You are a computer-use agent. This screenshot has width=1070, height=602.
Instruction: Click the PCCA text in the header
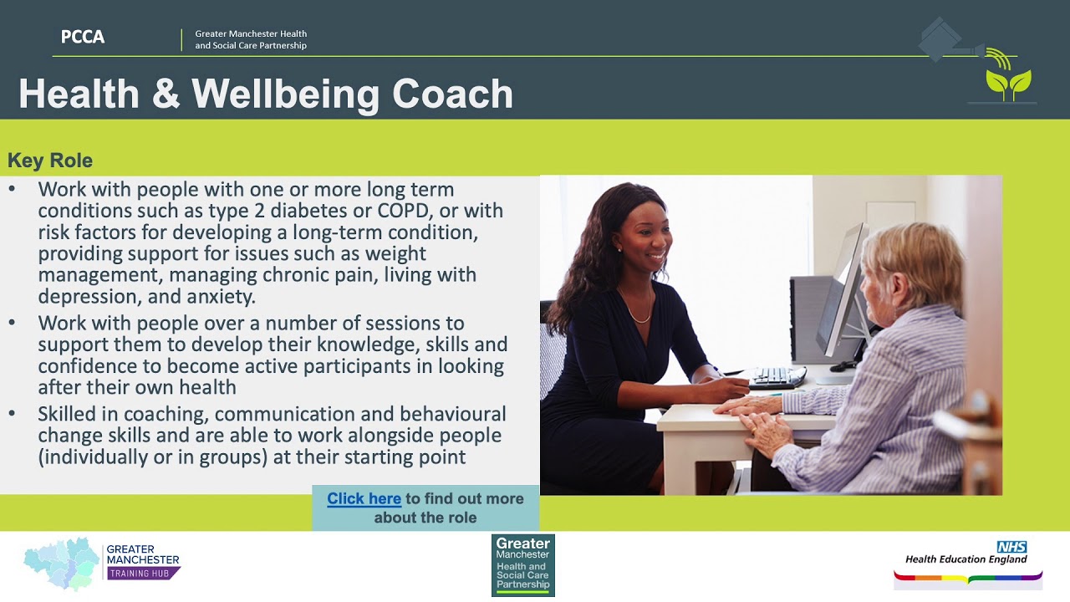click(82, 37)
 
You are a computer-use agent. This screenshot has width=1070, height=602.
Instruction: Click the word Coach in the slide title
click(452, 94)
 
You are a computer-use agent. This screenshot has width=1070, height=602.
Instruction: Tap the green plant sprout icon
click(1008, 83)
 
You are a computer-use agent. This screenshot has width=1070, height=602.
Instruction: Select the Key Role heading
click(50, 161)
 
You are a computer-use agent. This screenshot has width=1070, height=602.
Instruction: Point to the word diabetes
click(334, 211)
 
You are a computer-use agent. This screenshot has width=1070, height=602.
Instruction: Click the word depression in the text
click(83, 296)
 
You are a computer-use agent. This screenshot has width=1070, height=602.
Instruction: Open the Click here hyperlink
click(364, 499)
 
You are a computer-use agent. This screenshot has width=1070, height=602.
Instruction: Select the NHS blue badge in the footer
click(1011, 547)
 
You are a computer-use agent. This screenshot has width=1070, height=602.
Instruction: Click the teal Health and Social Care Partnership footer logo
click(522, 565)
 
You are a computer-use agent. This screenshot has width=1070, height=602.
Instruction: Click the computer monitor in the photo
click(843, 293)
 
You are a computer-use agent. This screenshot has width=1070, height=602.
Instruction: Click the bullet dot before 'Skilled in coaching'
click(12, 414)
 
